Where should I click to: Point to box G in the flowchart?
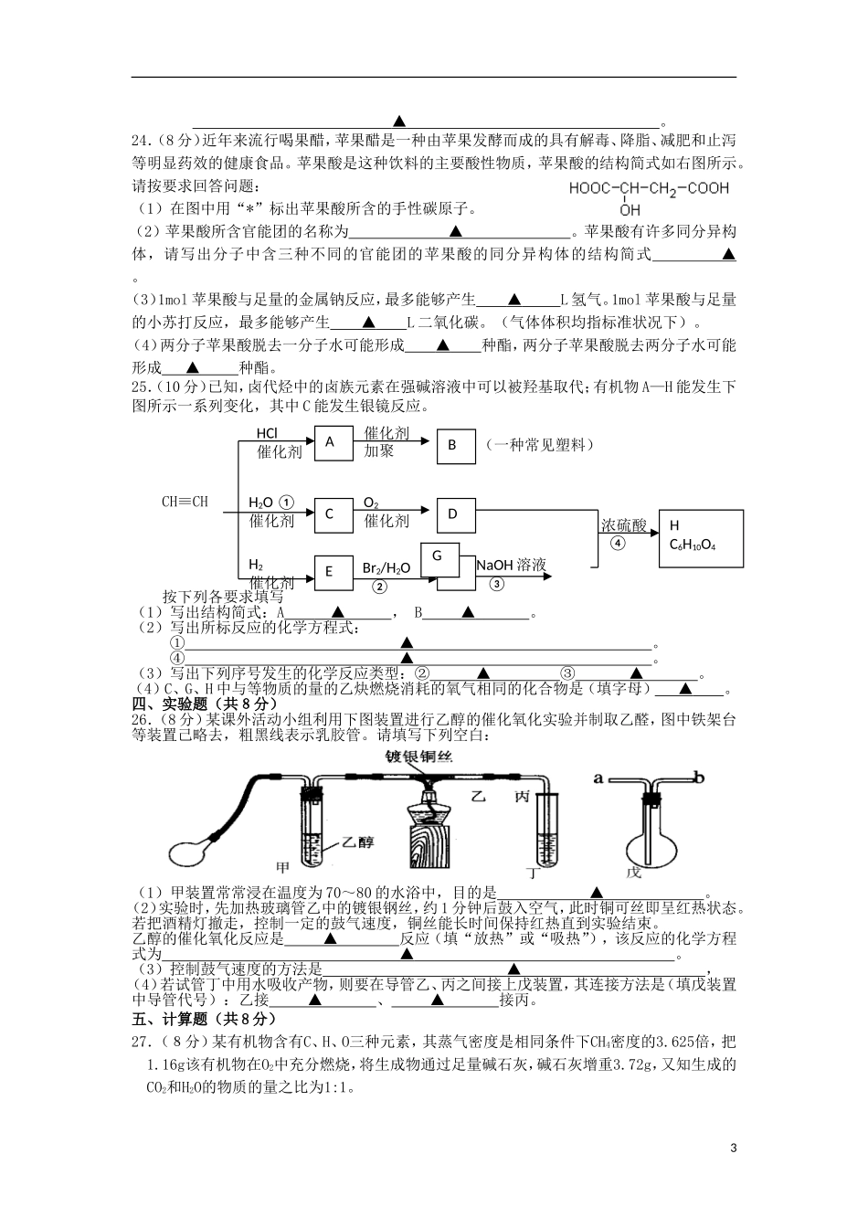439,556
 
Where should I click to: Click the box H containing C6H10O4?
701,536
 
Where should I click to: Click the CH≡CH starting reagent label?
185,502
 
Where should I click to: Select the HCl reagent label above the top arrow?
266,434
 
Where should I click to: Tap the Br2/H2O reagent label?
386,567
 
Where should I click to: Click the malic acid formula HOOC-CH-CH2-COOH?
649,189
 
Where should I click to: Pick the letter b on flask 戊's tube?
699,778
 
